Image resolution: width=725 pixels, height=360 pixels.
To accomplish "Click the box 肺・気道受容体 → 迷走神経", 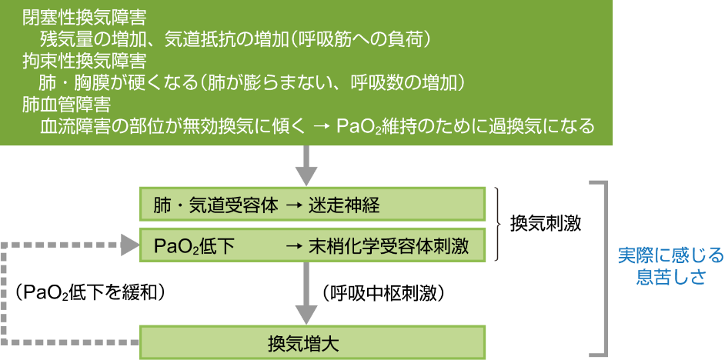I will (312, 205).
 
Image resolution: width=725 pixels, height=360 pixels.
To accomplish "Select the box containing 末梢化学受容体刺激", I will (312, 245).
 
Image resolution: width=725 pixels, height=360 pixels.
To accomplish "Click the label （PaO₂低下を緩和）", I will (91, 292).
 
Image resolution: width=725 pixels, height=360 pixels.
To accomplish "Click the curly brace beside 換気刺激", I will (499, 225).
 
